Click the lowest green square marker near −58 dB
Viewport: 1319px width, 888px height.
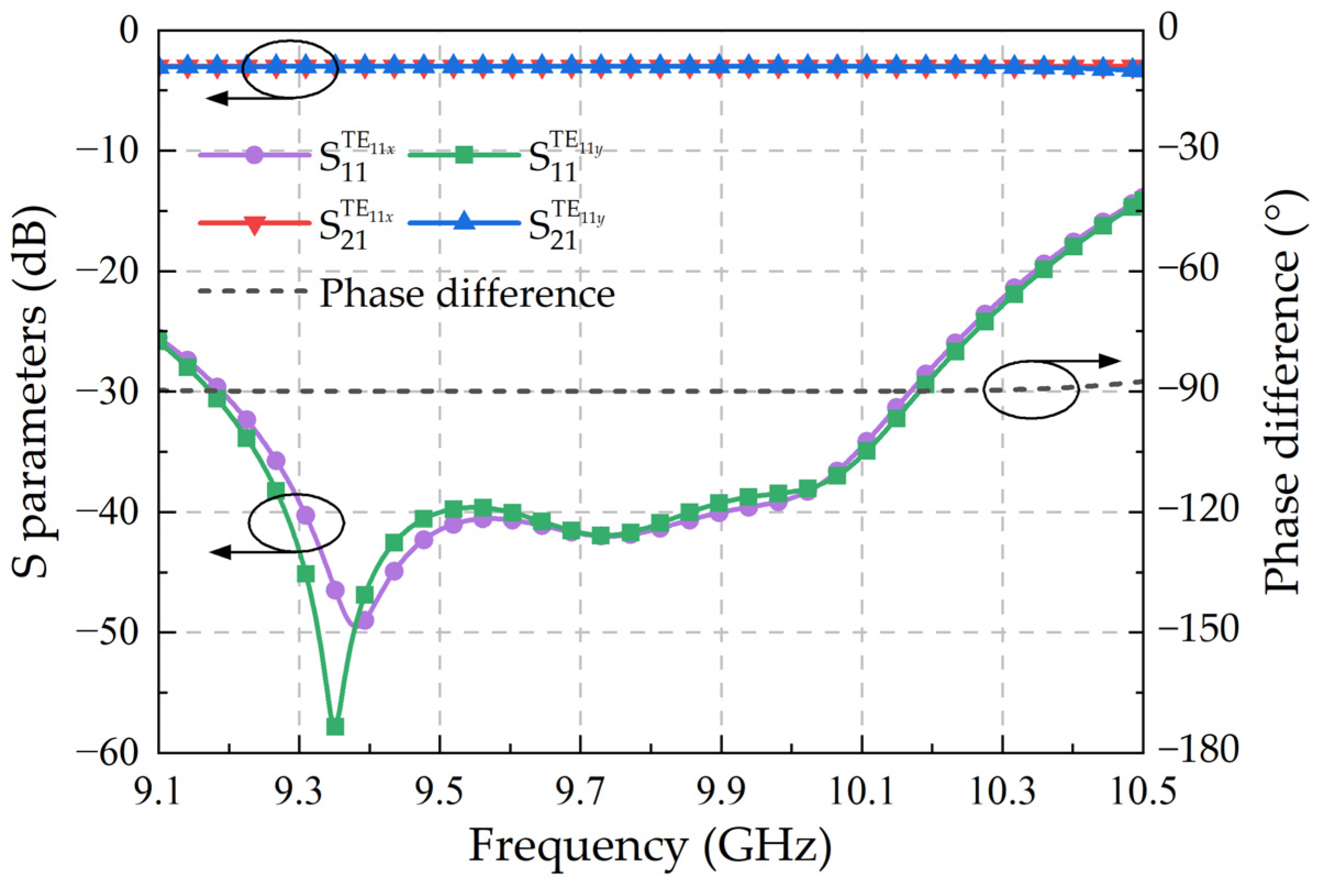335,726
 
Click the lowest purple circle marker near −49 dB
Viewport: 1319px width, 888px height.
365,621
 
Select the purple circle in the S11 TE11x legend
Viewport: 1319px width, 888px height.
255,155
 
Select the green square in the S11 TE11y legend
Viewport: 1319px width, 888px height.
464,155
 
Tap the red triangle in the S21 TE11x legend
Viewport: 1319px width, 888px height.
255,224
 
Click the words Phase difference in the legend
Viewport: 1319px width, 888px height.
467,294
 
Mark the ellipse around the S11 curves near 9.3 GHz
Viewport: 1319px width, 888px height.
296,522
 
